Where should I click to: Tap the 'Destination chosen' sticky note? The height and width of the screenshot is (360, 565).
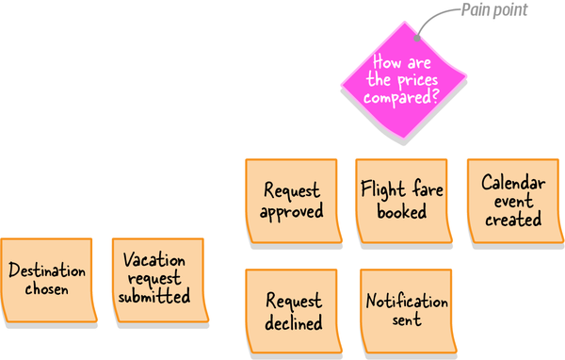click(47, 280)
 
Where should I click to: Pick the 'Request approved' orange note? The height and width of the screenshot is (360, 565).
click(292, 199)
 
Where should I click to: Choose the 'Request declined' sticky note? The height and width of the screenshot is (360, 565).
click(292, 311)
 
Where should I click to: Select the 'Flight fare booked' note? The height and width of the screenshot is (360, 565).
click(402, 199)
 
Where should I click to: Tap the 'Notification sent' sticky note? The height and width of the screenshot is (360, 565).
click(407, 311)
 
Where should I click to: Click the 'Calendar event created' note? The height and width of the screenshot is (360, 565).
click(512, 200)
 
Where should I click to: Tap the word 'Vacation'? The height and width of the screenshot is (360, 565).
click(154, 260)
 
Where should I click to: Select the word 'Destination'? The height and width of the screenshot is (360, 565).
click(47, 271)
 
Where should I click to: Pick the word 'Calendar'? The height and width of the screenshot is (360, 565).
click(513, 183)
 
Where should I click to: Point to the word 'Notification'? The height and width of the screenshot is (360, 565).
click(407, 303)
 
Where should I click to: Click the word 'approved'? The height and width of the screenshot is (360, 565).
click(292, 210)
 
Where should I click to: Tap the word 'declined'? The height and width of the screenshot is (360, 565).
click(294, 322)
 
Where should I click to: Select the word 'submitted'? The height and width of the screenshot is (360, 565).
click(155, 296)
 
